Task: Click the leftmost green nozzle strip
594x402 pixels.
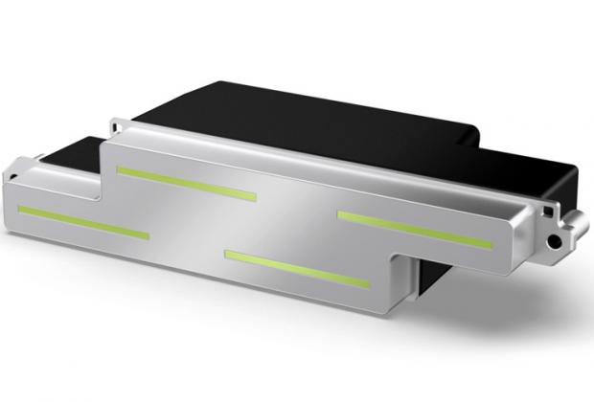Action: click(83, 221)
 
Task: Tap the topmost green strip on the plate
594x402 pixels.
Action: click(186, 183)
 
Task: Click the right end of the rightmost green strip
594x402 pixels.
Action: click(490, 246)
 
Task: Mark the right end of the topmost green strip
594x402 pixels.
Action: click(255, 198)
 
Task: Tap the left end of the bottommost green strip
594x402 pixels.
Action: click(227, 254)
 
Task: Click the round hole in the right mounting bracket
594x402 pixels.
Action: click(553, 236)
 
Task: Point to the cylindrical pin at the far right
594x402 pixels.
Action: click(578, 224)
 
